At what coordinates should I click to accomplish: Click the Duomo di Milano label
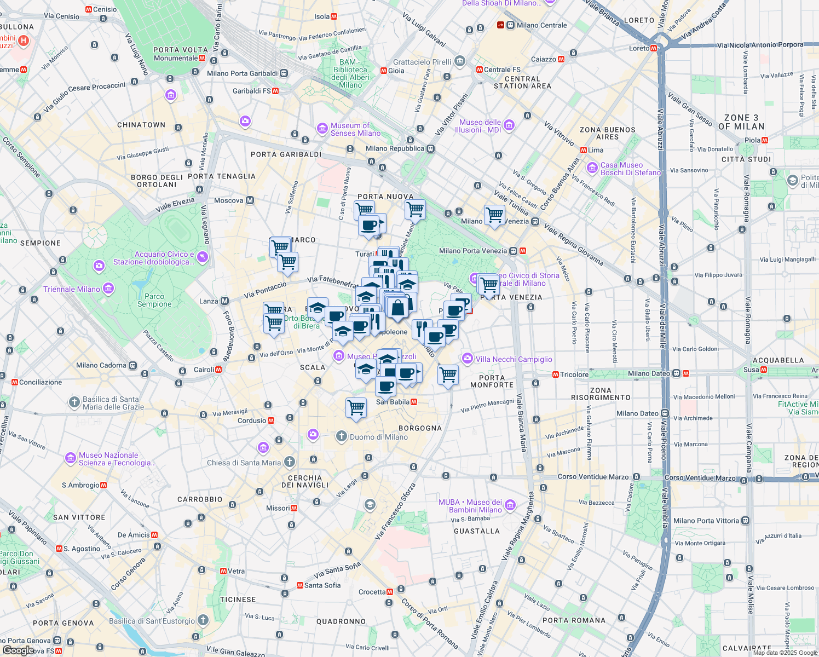point(378,437)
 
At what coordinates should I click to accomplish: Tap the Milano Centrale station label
point(541,25)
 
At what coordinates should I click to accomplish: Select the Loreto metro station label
point(639,48)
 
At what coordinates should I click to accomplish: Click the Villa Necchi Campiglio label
point(514,359)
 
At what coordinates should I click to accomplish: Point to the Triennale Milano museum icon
point(108,288)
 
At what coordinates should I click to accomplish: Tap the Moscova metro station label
point(229,200)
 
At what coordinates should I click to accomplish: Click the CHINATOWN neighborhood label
point(141,125)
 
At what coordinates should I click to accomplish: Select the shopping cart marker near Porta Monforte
point(448,375)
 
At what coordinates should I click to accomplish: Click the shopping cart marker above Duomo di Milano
point(356,408)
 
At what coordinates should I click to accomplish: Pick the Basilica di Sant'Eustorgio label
point(152,621)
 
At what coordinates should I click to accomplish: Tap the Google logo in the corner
point(18,650)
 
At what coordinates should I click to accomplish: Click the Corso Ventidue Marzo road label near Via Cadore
point(593,477)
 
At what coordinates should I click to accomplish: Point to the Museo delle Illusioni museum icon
point(509,125)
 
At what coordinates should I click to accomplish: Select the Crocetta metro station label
point(372,592)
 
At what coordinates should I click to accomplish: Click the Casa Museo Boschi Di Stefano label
point(630,169)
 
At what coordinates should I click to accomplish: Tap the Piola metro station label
point(752,140)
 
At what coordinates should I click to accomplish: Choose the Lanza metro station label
point(209,301)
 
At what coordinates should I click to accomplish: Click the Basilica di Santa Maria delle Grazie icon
point(74,402)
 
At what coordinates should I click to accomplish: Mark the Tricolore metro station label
point(574,374)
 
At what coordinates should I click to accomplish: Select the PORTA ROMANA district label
point(574,620)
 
